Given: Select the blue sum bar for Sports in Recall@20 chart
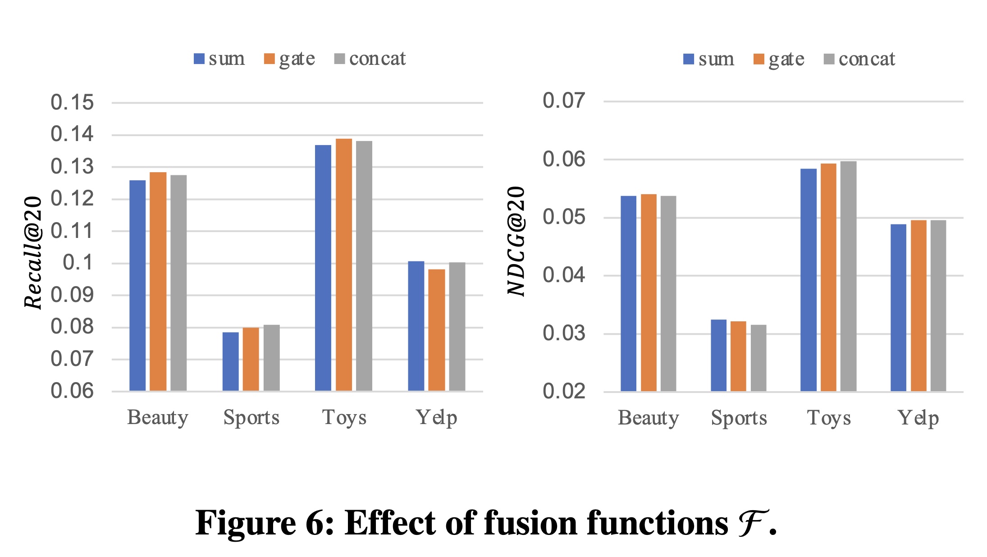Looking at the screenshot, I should click(230, 361).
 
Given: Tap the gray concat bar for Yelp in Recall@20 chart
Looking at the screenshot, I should click(457, 326).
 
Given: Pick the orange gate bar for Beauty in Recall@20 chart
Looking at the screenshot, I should click(158, 281).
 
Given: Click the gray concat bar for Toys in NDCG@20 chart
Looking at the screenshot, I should click(848, 276).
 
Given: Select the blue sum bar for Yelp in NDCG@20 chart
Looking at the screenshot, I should click(898, 307).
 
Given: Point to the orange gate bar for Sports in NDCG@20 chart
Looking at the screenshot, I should click(738, 356).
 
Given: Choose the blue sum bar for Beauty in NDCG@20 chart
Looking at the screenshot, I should click(628, 293).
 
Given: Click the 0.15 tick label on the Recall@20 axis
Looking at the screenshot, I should click(72, 102).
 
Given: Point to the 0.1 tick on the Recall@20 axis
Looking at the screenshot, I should click(78, 262).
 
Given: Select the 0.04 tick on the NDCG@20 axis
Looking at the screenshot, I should click(564, 275).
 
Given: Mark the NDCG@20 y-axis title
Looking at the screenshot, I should click(516, 241).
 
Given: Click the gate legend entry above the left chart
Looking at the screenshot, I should click(290, 59).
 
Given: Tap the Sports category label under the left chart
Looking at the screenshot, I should click(251, 418).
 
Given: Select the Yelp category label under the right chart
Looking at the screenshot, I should click(918, 418).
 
